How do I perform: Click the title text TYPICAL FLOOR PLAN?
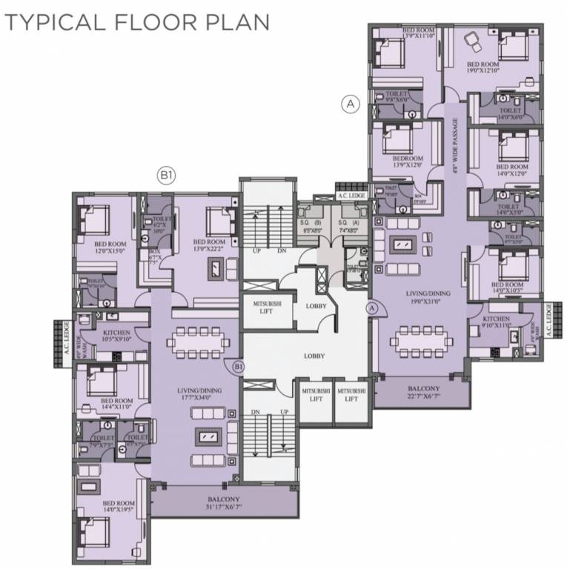[x=136, y=22]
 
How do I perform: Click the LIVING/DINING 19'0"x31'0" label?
[x=422, y=297]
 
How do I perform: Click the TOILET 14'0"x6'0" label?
[x=511, y=113]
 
